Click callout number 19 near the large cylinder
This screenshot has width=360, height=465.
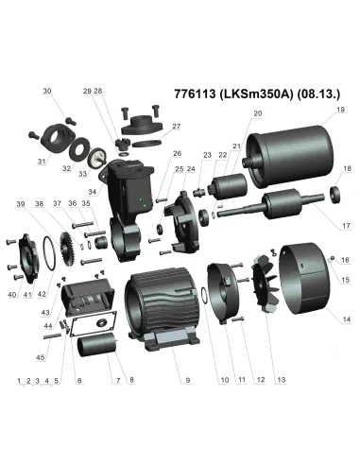pyautogui.click(x=338, y=111)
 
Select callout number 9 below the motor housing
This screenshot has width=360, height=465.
pyautogui.click(x=187, y=380)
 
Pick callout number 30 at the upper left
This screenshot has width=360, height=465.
pyautogui.click(x=46, y=92)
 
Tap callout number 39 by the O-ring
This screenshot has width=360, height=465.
pyautogui.click(x=20, y=204)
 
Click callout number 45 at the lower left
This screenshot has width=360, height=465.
pyautogui.click(x=40, y=357)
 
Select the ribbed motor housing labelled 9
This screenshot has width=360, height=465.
pyautogui.click(x=170, y=312)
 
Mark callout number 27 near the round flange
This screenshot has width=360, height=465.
pyautogui.click(x=176, y=126)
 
